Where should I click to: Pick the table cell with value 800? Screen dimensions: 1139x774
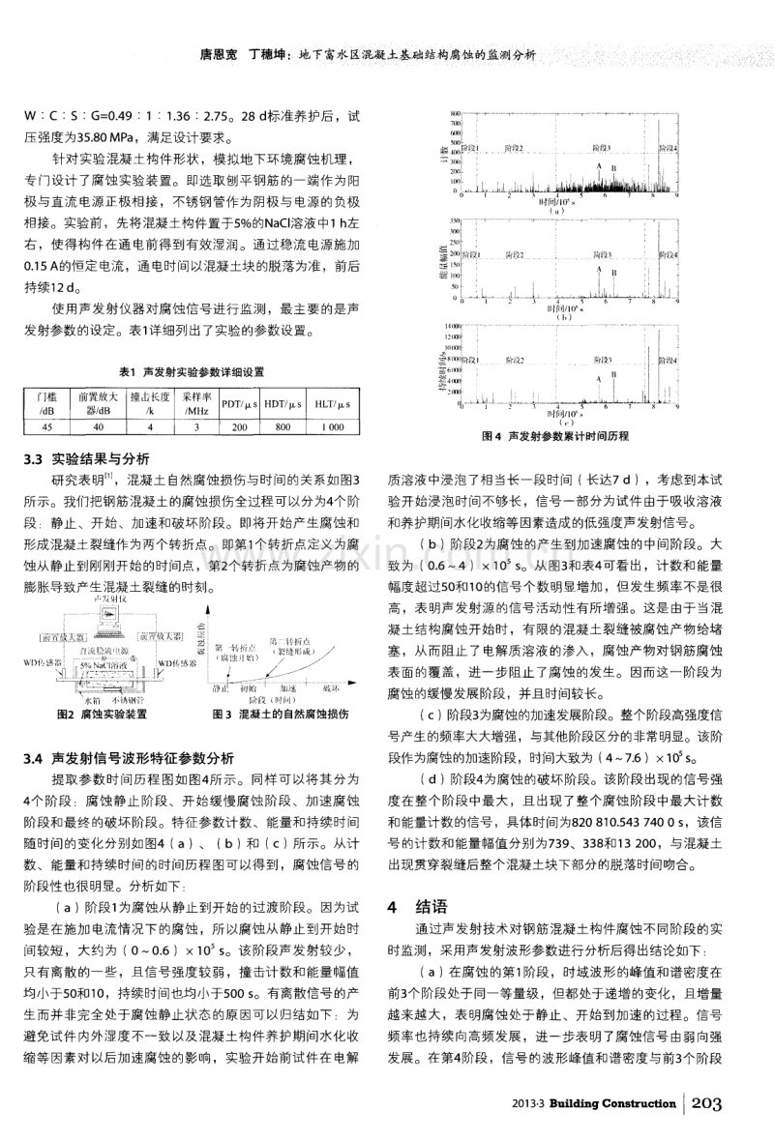point(283,425)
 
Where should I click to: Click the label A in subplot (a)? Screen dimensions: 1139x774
point(601,165)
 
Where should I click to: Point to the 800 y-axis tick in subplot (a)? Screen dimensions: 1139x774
point(451,116)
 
